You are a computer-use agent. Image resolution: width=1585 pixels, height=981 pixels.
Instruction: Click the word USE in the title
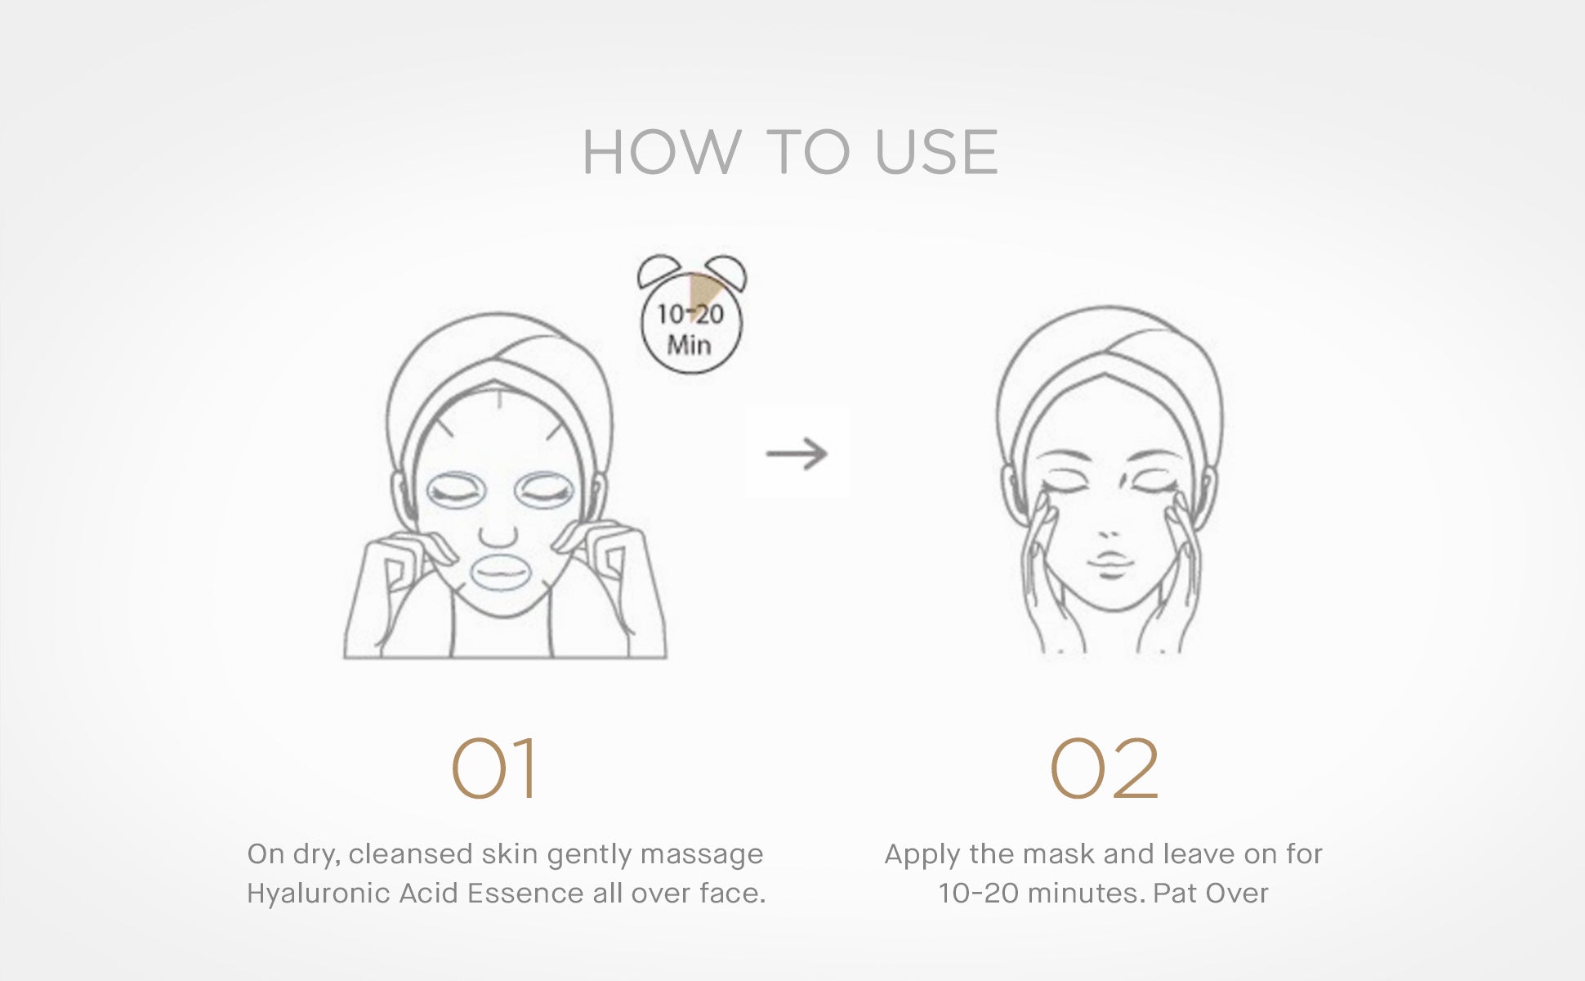936,153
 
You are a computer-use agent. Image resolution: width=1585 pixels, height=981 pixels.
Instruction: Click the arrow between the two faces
797,453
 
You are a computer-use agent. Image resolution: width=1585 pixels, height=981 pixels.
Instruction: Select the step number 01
495,768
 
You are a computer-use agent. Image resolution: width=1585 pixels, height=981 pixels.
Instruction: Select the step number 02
1104,768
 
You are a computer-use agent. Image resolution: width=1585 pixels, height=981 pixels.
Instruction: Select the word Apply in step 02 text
922,855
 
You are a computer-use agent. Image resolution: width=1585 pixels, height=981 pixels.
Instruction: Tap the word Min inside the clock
689,345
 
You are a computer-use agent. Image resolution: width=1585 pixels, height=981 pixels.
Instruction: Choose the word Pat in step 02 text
1175,894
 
